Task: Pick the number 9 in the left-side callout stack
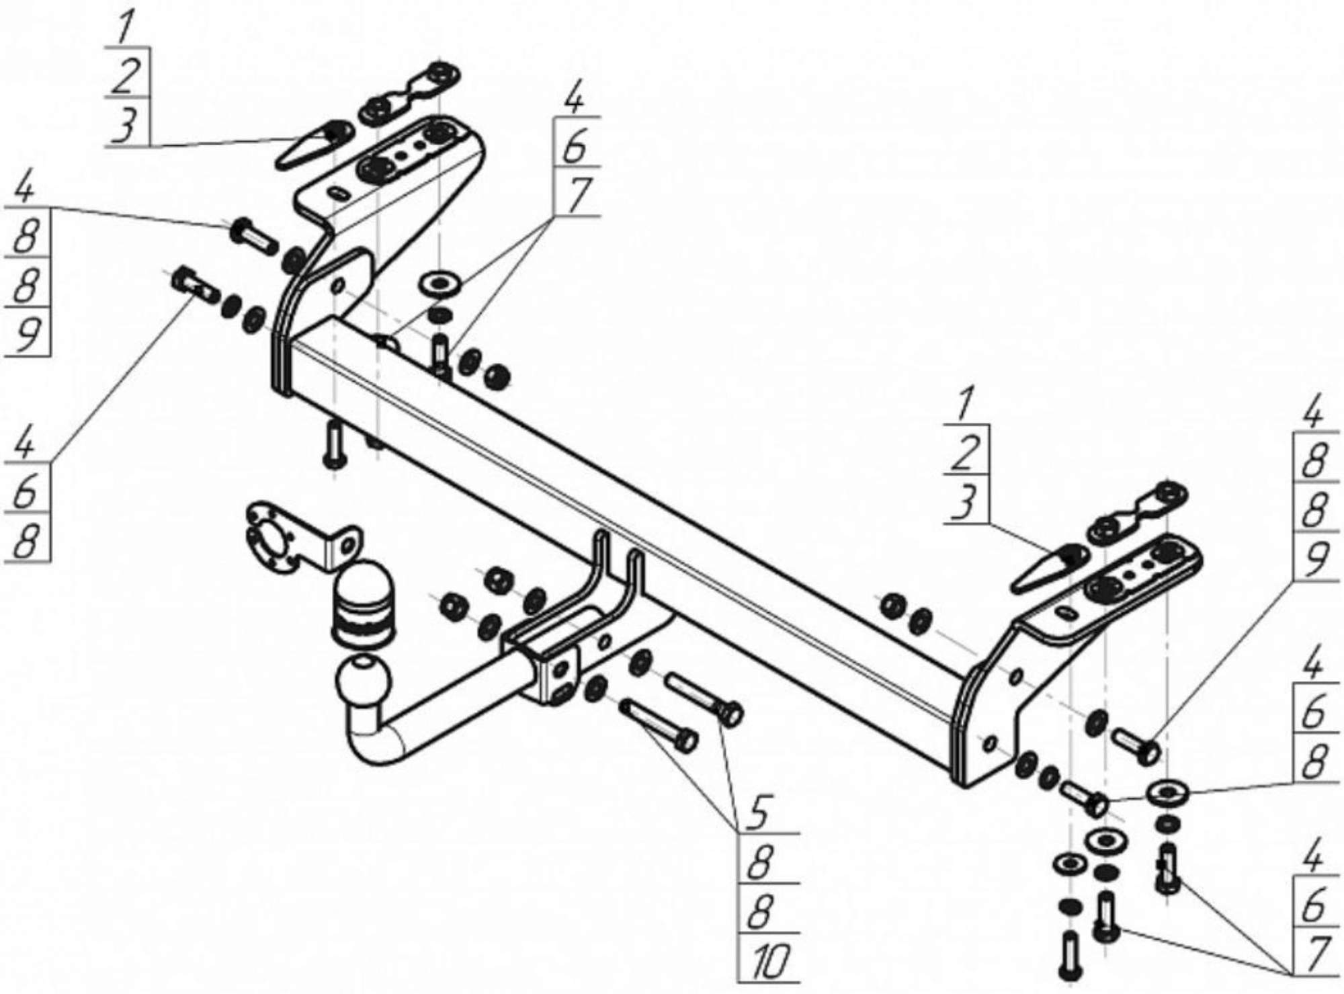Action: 27,334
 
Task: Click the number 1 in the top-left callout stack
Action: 125,31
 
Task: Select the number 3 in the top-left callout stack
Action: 125,126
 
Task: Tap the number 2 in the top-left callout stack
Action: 126,77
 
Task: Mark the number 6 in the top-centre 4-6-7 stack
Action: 575,147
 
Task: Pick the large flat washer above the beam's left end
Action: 439,282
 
